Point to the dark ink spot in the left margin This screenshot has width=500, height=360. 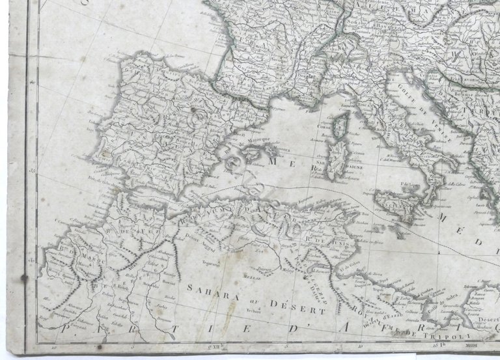tap(25, 279)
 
